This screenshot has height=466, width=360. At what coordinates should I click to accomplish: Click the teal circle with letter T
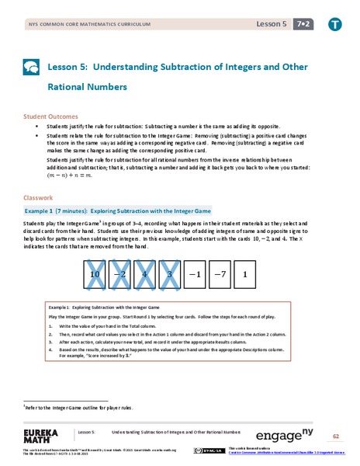(334, 25)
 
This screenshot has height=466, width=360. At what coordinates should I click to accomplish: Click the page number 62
(335, 436)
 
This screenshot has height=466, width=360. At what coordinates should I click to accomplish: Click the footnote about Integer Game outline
(76, 407)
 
